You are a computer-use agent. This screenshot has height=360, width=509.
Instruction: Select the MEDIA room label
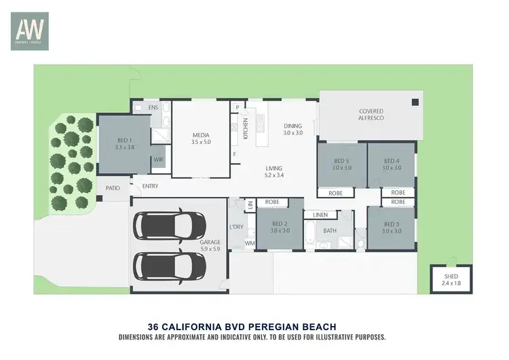point(200,139)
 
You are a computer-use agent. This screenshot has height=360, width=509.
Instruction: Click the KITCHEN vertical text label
point(246,126)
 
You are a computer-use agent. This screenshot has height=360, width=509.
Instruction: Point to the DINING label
point(293,129)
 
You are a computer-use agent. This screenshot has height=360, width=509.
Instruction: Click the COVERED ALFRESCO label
point(371,115)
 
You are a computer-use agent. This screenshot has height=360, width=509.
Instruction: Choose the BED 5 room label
point(341,164)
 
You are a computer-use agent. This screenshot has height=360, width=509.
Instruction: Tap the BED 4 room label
point(392,164)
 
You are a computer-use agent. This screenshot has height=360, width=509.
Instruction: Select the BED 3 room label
point(392,228)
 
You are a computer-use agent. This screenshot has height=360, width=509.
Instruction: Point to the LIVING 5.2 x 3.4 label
point(274,172)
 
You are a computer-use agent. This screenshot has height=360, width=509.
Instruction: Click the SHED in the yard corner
point(451,278)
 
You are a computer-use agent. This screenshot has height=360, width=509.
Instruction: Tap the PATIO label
point(113,187)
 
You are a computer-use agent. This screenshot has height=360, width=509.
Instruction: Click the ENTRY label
point(149,187)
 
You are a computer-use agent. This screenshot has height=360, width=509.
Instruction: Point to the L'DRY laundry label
point(236,226)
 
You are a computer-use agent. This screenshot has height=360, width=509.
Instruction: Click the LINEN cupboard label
point(320,215)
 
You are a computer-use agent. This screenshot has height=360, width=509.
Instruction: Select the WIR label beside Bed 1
point(158,160)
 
